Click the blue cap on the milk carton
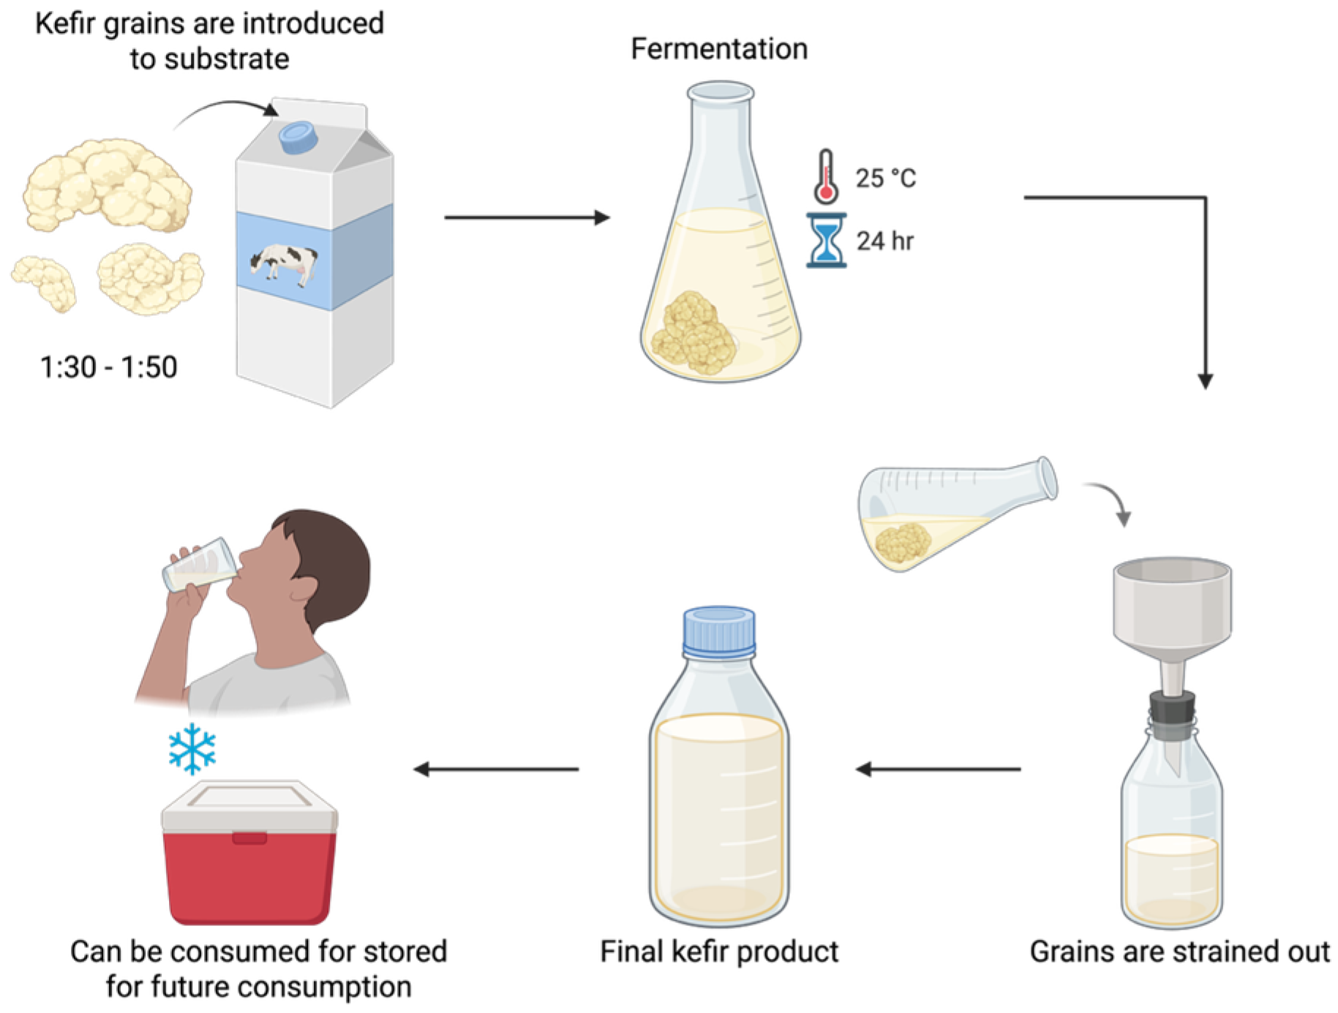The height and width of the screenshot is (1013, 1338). pos(298,137)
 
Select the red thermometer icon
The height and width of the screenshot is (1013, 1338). pos(826,177)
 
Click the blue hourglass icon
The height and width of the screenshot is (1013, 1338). pos(827,241)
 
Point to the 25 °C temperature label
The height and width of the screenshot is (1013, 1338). pos(885,178)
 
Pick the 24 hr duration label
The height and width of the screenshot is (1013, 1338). pos(885,241)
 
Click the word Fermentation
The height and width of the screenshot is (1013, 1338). pos(719,50)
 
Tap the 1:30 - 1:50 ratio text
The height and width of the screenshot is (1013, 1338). pos(108,367)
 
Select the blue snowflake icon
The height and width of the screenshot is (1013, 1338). pos(192,748)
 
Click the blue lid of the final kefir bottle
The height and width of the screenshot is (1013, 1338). pos(719,631)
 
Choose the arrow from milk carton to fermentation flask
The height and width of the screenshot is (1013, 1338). pos(527,217)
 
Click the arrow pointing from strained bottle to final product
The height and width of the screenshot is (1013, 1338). pos(938,769)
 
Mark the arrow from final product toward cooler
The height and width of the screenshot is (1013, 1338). pos(496,769)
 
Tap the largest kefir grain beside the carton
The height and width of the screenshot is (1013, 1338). pos(108,184)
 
